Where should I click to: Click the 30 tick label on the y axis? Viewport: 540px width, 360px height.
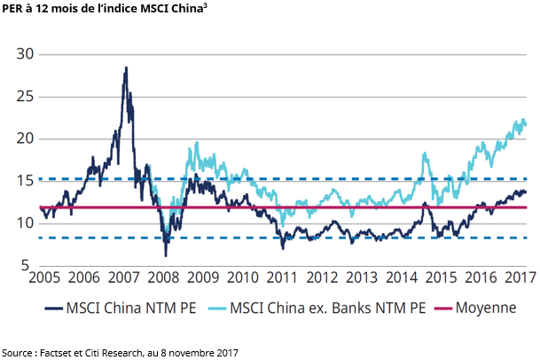tap(24, 54)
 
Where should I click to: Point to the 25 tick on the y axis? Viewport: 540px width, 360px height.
tap(24, 97)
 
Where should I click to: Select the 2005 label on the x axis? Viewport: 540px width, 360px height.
tap(45, 278)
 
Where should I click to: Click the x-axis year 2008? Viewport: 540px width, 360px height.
tap(167, 278)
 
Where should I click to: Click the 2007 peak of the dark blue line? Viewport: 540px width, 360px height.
tap(126, 67)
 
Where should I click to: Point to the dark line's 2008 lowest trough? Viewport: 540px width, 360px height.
tap(166, 256)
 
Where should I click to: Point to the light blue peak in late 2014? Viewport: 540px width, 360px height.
tap(425, 153)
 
